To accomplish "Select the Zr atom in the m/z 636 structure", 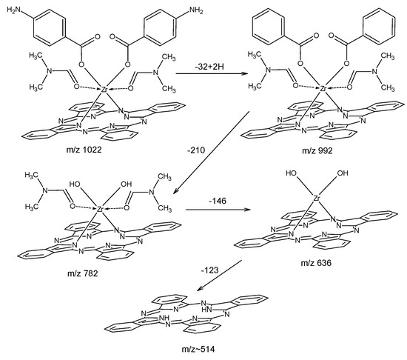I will (x=316, y=199).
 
